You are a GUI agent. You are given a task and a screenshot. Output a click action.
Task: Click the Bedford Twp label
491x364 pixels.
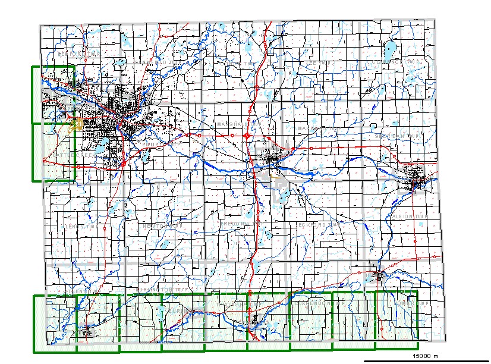point(77,54)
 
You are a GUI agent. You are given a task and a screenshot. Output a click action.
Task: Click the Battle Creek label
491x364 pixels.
point(75,155)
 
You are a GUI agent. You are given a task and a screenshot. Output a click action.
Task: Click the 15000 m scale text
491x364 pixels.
point(425,355)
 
